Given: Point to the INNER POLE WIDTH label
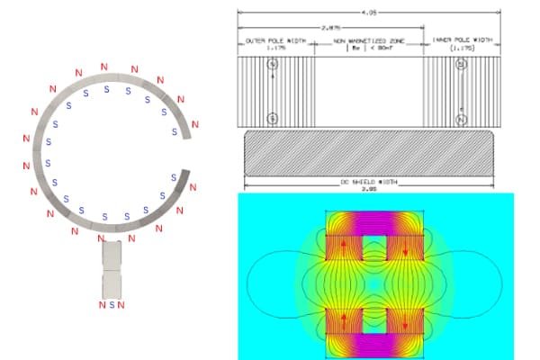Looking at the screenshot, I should tap(461, 41).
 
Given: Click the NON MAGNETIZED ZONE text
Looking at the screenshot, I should tap(368, 41).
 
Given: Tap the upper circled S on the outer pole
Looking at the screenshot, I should tap(274, 65).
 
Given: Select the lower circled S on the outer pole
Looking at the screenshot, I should tap(274, 117).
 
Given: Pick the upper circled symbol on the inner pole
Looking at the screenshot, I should tap(462, 65).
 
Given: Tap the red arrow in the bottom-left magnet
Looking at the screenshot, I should tap(343, 319).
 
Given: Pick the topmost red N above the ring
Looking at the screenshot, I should tap(104, 66).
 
